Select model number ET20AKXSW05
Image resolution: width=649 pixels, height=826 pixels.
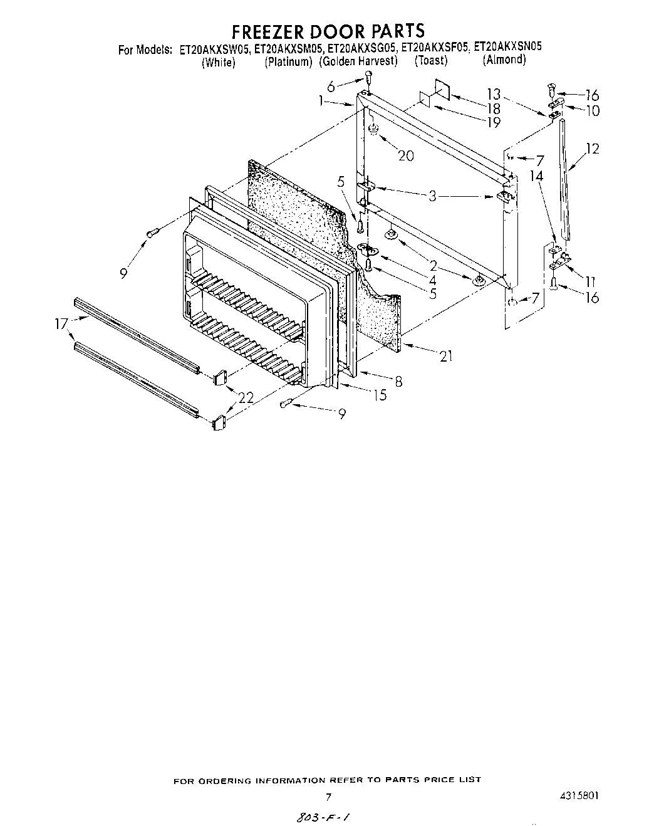click(x=215, y=48)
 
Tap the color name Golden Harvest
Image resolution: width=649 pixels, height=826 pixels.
click(x=358, y=61)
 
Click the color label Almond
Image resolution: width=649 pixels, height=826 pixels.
click(x=504, y=60)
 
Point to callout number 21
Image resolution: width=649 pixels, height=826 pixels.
click(x=445, y=357)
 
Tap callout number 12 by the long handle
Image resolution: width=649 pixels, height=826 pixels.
click(x=592, y=149)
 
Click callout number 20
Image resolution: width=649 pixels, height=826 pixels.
click(x=406, y=155)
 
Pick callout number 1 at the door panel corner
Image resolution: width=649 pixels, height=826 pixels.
click(x=338, y=100)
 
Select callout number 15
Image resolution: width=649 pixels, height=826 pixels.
click(x=379, y=395)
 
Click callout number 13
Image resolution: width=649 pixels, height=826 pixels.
click(x=494, y=94)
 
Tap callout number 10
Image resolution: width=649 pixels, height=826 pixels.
click(x=591, y=111)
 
